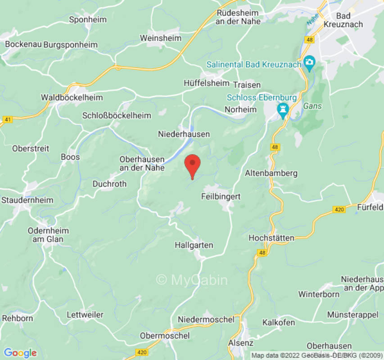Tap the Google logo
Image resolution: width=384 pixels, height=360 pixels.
20,353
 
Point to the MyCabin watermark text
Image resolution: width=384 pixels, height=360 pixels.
192,280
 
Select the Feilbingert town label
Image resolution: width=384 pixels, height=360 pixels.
221,197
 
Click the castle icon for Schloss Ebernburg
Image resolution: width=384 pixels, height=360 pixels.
283,108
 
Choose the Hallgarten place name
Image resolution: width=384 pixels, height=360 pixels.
194,245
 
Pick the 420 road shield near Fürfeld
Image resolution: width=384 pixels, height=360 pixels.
339,209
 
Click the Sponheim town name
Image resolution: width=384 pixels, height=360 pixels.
88,19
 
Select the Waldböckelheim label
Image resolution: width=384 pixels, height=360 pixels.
72,97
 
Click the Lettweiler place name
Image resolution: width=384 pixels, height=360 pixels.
85,315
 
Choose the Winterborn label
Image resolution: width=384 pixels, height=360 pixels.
319,294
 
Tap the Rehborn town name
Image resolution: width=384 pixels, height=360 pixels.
18,318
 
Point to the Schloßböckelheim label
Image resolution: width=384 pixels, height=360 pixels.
117,116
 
